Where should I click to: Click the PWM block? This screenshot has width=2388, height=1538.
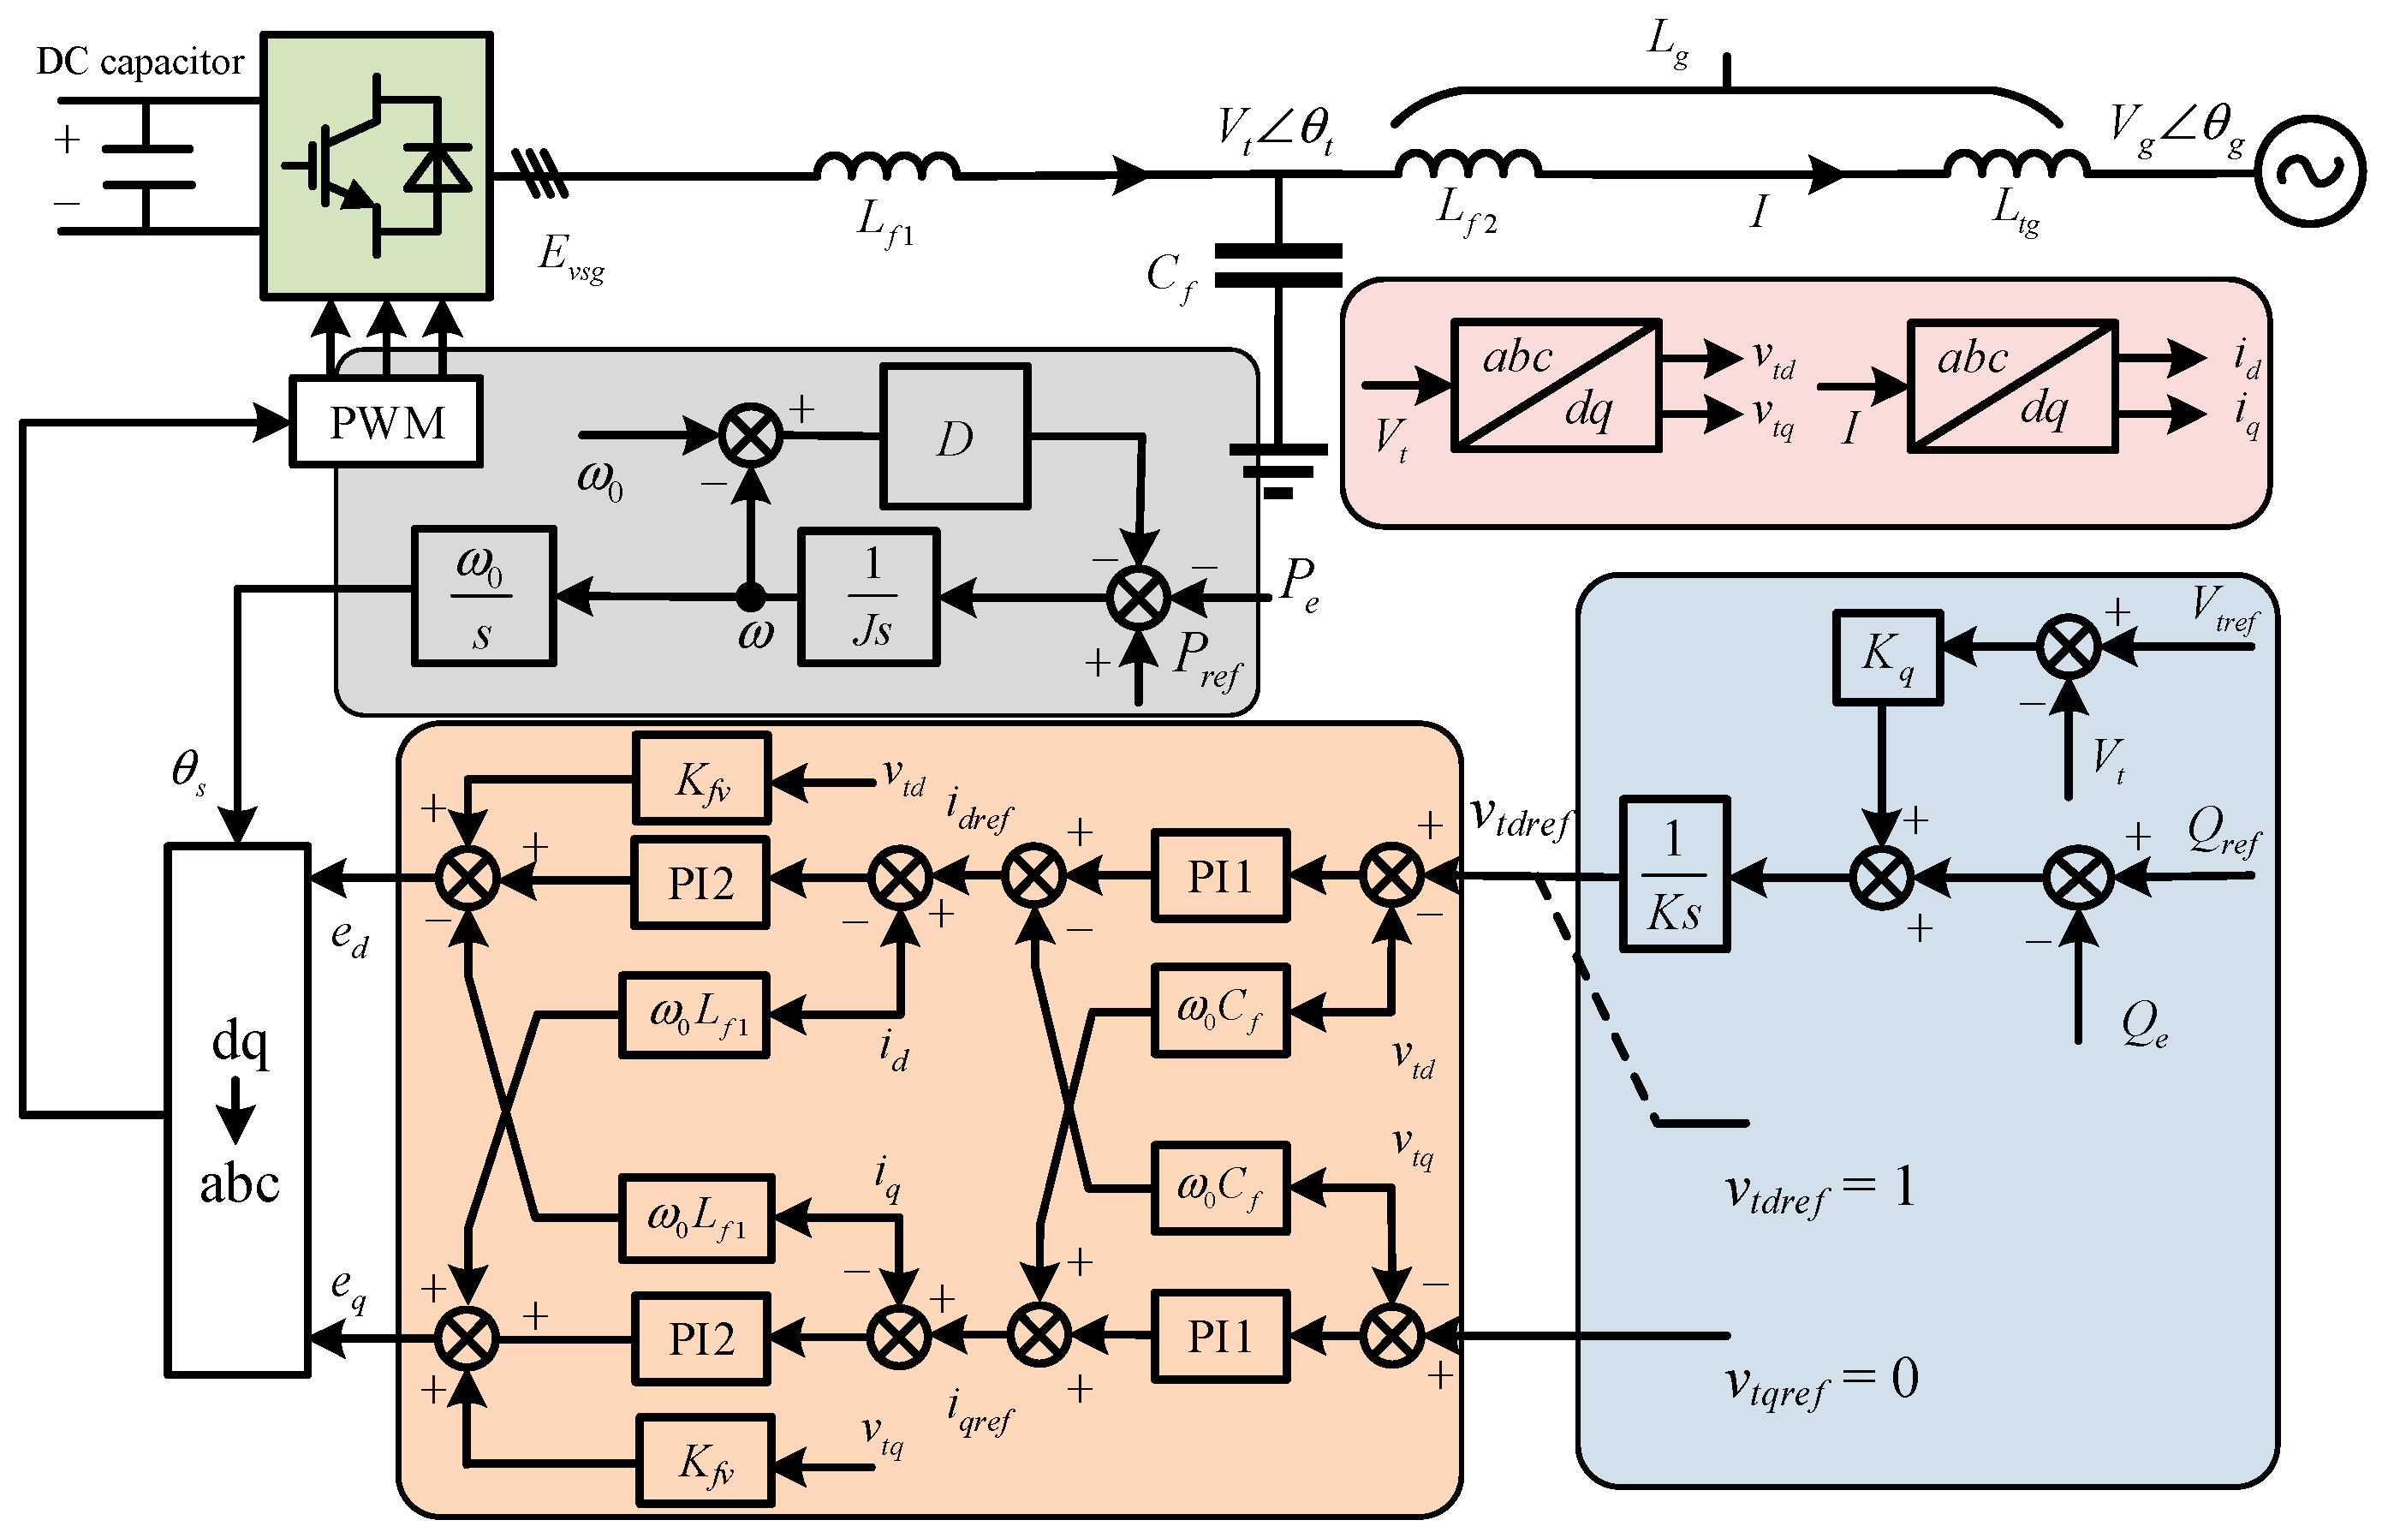[386, 421]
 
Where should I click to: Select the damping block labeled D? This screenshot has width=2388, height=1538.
[955, 438]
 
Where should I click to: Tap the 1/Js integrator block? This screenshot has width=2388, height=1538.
[868, 597]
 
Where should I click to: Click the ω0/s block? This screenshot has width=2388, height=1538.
[483, 597]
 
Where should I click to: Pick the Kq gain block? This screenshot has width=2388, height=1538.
[1887, 656]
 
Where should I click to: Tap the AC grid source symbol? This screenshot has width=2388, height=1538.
[2309, 172]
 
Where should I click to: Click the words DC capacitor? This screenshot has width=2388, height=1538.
[140, 62]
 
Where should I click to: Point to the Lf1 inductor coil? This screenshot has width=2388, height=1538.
[886, 167]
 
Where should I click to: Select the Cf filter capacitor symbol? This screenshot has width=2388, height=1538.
[1277, 265]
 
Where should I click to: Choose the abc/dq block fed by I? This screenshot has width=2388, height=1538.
[2010, 385]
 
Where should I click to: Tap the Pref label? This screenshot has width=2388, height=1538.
[1206, 660]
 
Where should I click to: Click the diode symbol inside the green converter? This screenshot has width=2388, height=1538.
[438, 167]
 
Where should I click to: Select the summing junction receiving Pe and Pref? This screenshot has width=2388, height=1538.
[1138, 597]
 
